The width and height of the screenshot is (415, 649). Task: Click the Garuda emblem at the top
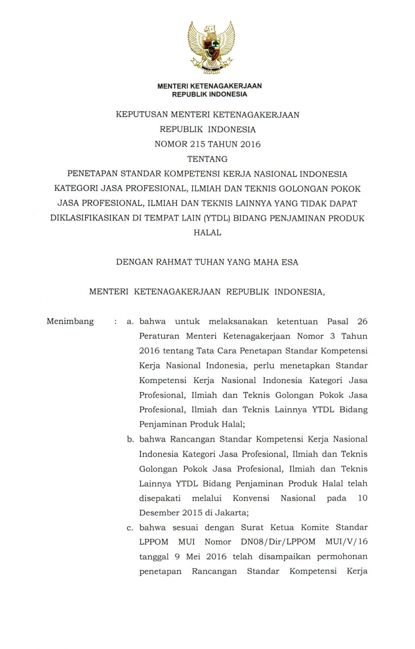click(211, 48)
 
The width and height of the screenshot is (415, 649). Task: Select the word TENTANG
click(207, 159)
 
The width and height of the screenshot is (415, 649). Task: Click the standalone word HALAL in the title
click(207, 233)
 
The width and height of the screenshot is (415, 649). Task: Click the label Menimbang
click(70, 322)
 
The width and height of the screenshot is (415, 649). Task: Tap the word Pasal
click(337, 322)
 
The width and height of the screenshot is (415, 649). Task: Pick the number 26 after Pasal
click(362, 322)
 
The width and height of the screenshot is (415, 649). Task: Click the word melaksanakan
click(238, 322)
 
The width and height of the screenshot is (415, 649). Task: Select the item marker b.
click(130, 440)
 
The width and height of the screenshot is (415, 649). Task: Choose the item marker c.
click(130, 528)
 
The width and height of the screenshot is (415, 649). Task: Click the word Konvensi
click(251, 498)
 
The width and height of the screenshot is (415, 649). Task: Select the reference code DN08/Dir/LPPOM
click(278, 542)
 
